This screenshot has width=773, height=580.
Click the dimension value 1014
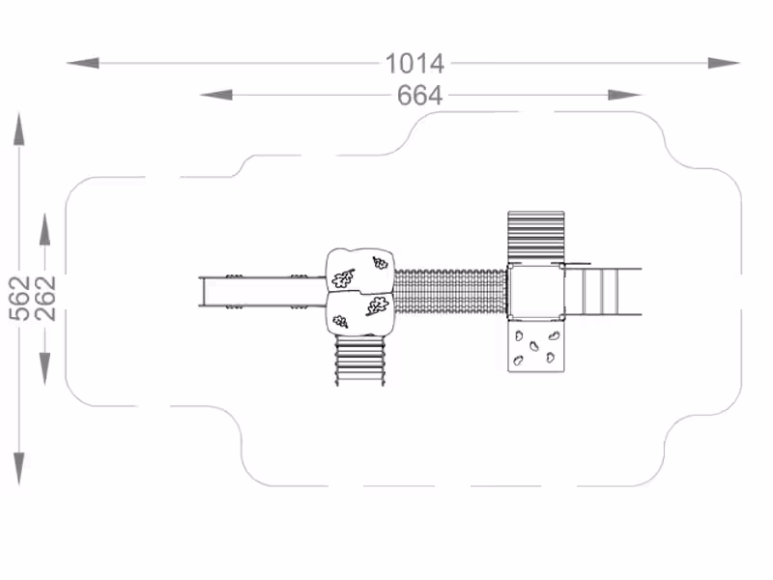pos(415,64)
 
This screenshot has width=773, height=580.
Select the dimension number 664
pos(420,96)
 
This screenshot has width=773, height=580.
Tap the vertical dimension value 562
pos(20,299)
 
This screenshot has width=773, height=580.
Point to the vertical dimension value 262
pos(44,299)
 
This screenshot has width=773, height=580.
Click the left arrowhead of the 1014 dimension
pos(83,63)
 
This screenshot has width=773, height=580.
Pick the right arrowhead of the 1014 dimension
pos(724,63)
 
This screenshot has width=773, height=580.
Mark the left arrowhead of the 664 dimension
pos(215,95)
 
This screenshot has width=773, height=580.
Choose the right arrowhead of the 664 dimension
pos(624,95)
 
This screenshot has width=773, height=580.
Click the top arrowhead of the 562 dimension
pos(18,130)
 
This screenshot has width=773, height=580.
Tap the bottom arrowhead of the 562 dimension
pos(18,469)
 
